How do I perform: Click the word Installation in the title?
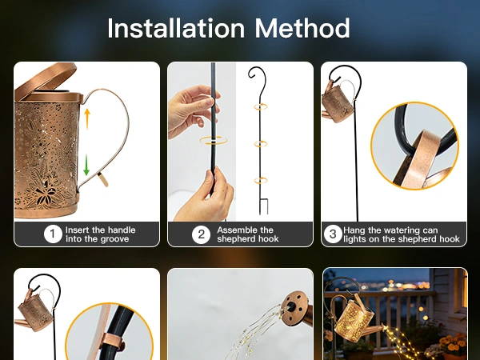coord(176,28)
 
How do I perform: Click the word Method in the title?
coord(302,28)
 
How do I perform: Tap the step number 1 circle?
coord(53,234)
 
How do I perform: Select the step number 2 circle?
coord(201,234)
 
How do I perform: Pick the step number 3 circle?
coord(333,234)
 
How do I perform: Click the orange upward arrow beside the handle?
coord(87,118)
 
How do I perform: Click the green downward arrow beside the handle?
coord(86,165)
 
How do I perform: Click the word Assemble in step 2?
coord(234,230)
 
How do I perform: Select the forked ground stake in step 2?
coord(263,206)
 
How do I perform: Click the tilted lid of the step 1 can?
coord(46,80)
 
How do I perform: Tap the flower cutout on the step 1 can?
coord(46,193)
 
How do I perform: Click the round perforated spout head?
coord(295,309)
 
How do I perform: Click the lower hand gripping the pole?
coord(203,195)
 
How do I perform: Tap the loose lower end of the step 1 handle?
coord(103,179)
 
